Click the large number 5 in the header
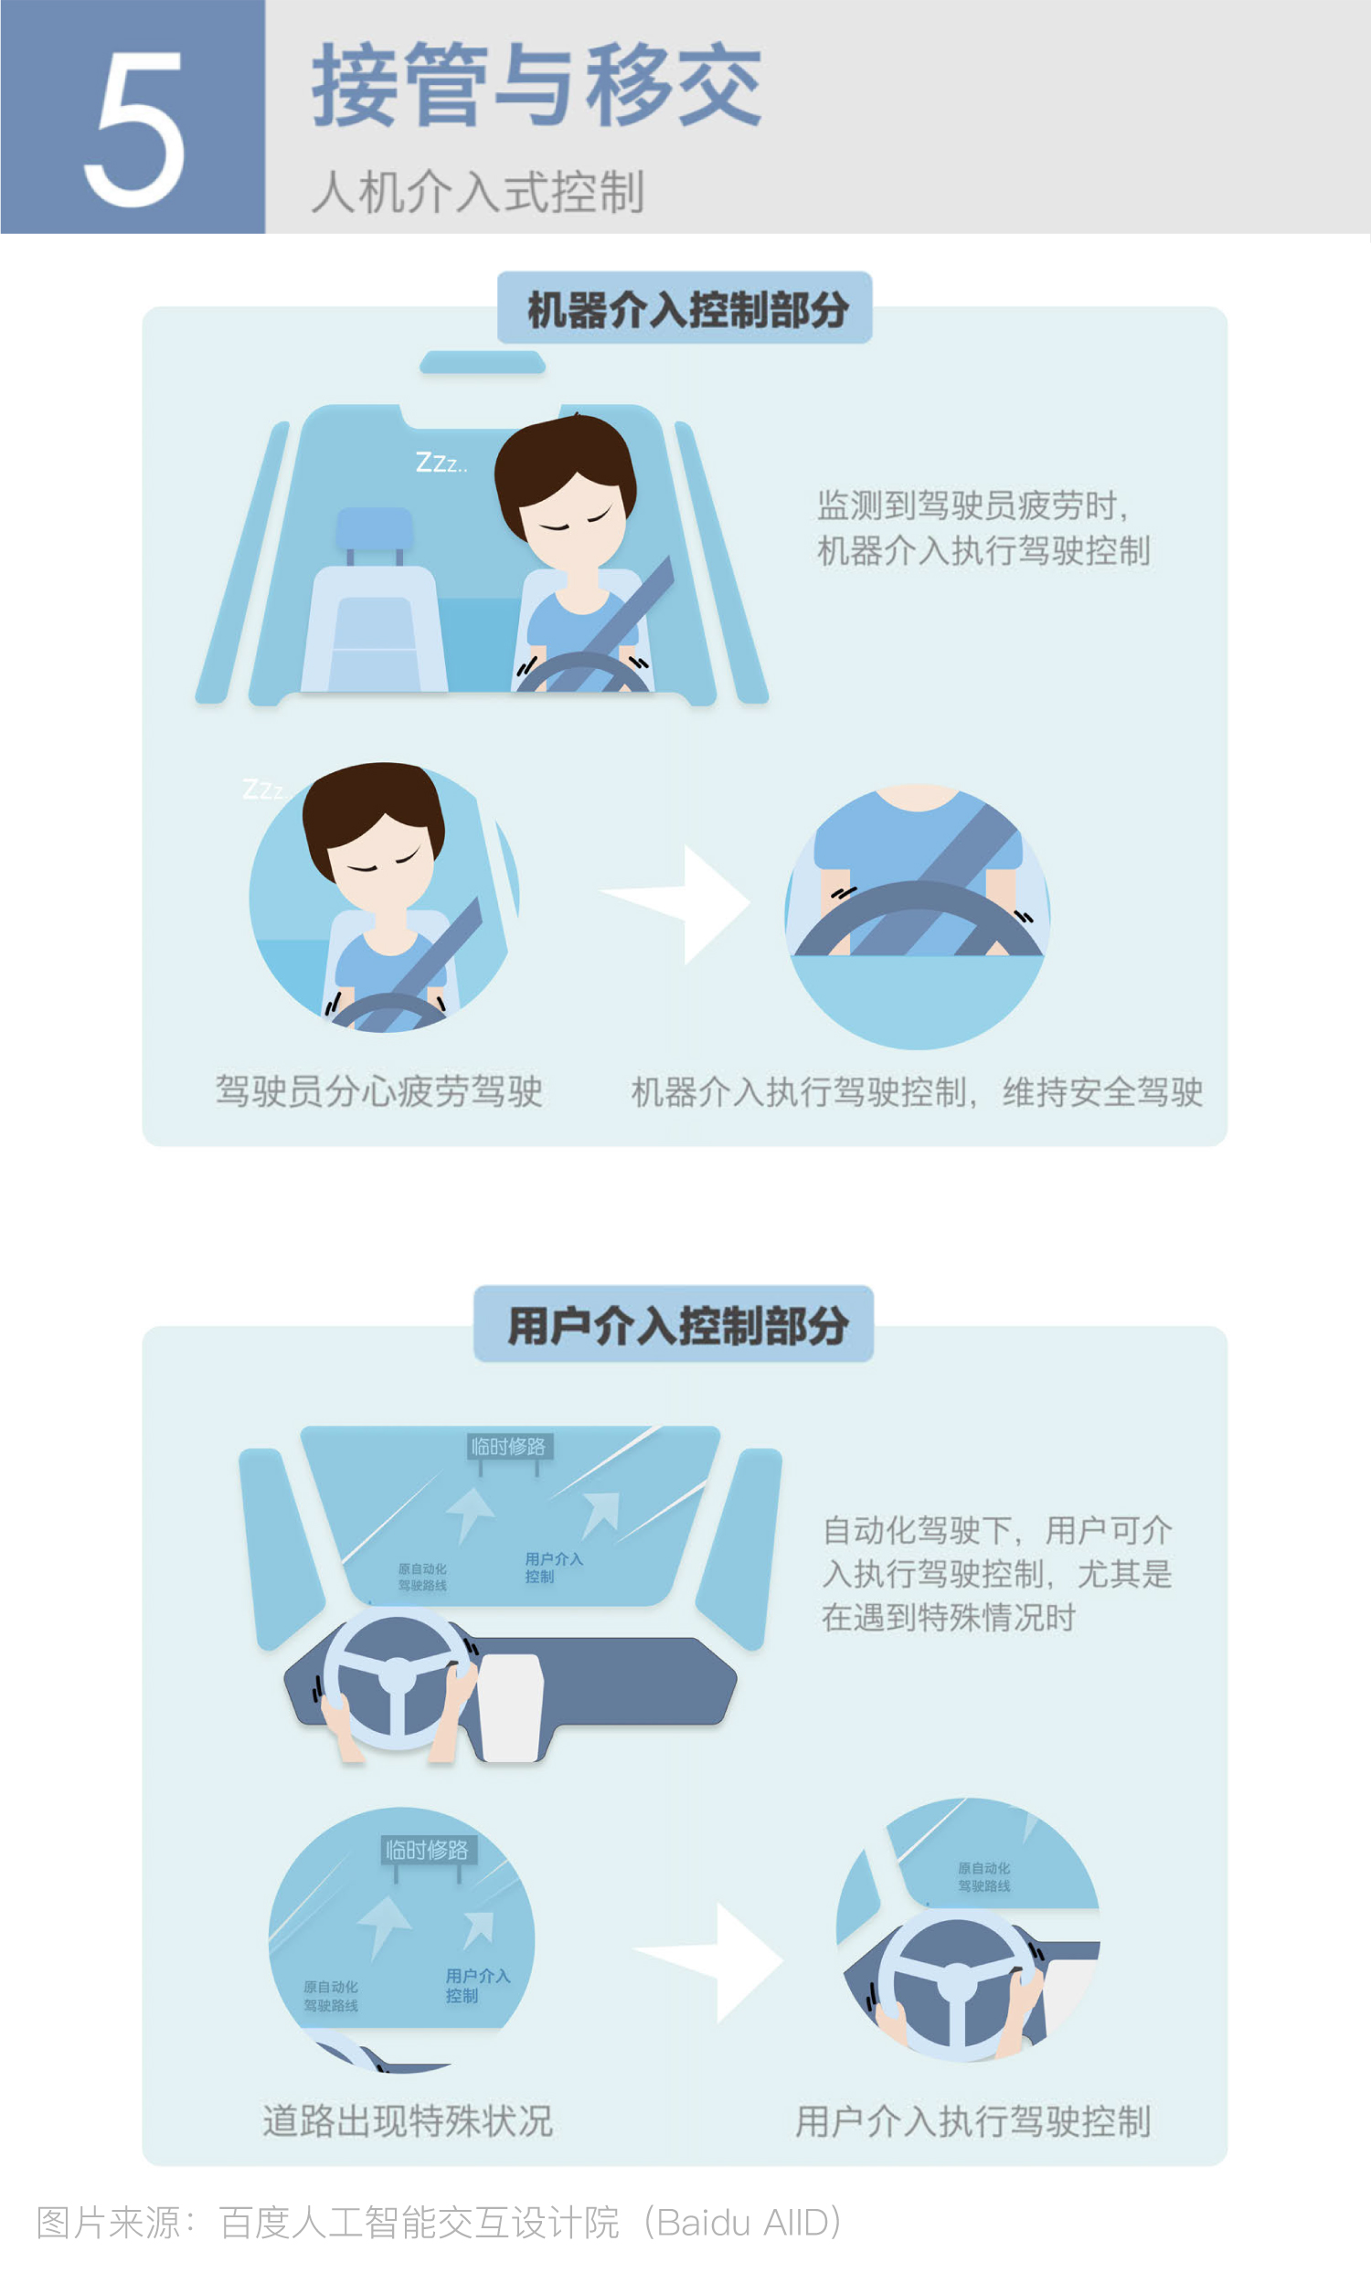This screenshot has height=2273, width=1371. coord(134,128)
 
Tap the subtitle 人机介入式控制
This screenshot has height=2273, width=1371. coord(478,192)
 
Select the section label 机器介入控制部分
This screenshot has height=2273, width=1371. coord(687,309)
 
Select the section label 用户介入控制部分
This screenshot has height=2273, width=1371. coord(678,1325)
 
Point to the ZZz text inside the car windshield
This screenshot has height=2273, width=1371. coord(441,462)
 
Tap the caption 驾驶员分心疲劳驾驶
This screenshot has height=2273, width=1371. coord(379,1091)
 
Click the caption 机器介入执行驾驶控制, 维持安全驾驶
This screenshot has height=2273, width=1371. coord(917,1091)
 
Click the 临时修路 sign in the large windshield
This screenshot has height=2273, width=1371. coord(508,1446)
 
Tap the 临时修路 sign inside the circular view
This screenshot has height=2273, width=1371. coord(426,1850)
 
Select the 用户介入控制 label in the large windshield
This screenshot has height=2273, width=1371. coord(554,1567)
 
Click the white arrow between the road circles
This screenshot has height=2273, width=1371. coord(708,1961)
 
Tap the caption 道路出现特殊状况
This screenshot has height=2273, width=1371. coord(408,2120)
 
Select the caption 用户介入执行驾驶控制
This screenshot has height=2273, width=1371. coord(973,2120)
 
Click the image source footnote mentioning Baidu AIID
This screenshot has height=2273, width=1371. coord(439,2222)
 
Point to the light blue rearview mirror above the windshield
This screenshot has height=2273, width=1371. coord(483,362)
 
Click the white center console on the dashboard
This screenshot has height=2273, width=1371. coord(510,1706)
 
